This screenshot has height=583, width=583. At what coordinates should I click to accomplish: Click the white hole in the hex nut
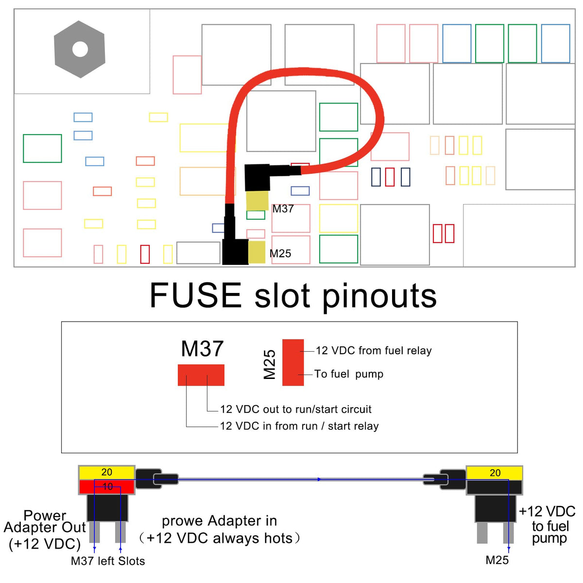[80, 49]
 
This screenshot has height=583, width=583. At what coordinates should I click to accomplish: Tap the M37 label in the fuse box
[283, 209]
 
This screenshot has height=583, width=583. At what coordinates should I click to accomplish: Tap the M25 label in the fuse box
[280, 254]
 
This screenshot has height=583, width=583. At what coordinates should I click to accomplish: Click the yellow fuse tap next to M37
[257, 201]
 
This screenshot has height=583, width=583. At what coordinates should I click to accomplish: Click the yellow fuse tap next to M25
[257, 252]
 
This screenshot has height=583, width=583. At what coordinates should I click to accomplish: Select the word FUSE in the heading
[195, 295]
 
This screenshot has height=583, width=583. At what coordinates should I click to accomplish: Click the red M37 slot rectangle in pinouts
[201, 375]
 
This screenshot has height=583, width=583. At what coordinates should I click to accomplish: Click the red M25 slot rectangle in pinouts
[293, 362]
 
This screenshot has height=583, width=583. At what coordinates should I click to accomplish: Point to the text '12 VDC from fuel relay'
[374, 351]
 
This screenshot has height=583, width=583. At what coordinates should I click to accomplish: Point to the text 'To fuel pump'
[349, 374]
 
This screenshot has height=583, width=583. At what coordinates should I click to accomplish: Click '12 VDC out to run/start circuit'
[296, 410]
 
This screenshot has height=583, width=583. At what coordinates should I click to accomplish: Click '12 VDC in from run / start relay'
[299, 426]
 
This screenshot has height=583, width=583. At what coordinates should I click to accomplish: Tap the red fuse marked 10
[107, 487]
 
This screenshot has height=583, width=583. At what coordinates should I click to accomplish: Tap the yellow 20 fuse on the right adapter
[495, 473]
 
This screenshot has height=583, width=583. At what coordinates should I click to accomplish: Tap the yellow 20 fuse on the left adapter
[107, 472]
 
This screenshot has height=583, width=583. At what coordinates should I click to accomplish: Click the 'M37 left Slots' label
[108, 561]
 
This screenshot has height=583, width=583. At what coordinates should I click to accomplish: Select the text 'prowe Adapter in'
[219, 521]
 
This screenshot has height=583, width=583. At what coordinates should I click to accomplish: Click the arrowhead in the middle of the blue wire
[319, 480]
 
